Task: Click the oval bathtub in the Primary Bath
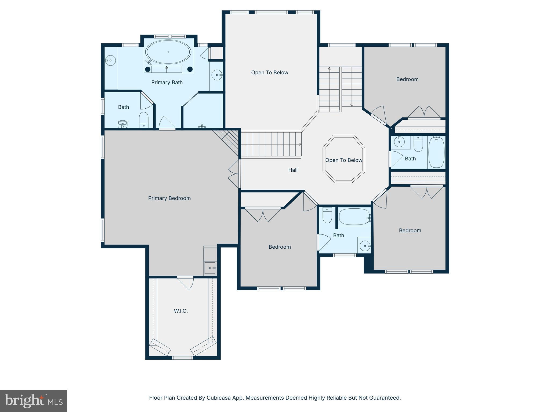pos(168,52)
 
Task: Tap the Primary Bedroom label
pos(169,198)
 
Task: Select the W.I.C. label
pos(181,311)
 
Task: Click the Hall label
pos(293,170)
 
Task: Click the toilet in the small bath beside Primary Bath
pos(144,120)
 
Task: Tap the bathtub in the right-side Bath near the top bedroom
pos(436,152)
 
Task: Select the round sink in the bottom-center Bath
pos(365,246)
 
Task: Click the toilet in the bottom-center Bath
pos(327,215)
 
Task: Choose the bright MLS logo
pos(34,401)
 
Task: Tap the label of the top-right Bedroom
pos(407,79)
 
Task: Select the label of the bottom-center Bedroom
pos(280,247)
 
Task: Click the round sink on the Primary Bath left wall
pos(110,61)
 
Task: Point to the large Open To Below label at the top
pos(270,73)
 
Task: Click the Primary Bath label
pos(167,83)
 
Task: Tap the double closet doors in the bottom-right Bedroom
pos(427,192)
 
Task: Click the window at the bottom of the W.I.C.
pos(182,358)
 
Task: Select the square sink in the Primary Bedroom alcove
pos(210,268)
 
